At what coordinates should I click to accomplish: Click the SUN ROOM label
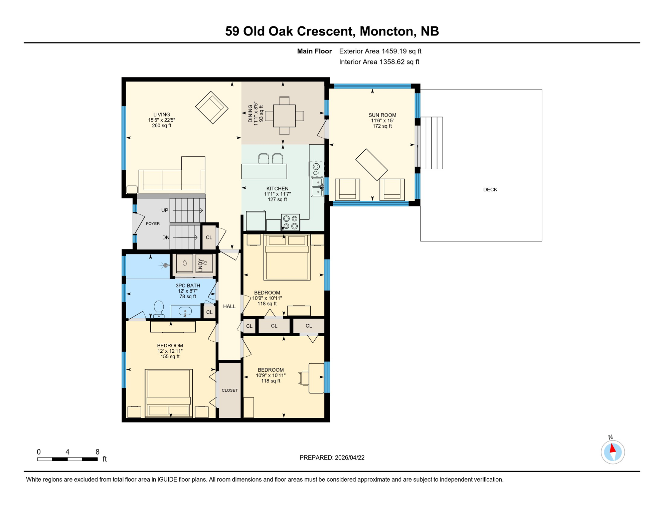(382, 115)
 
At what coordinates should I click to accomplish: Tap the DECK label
(490, 190)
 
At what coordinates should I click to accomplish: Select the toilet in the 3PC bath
(159, 309)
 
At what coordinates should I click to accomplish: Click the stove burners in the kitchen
(290, 222)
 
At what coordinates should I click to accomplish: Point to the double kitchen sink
(317, 187)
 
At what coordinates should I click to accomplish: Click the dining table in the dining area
(284, 116)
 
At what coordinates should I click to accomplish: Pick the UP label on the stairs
(165, 210)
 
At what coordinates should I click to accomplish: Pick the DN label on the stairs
(166, 237)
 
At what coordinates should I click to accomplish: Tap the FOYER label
(153, 224)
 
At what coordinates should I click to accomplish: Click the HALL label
(229, 306)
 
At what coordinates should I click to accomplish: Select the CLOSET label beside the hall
(230, 390)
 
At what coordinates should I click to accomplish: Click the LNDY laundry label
(200, 265)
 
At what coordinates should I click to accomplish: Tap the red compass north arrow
(613, 448)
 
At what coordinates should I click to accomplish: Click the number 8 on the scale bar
(98, 452)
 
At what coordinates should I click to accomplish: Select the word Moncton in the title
(387, 31)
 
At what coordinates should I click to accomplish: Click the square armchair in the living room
(211, 108)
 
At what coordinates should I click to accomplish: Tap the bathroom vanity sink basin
(185, 312)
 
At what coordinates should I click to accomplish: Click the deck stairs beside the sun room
(432, 143)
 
